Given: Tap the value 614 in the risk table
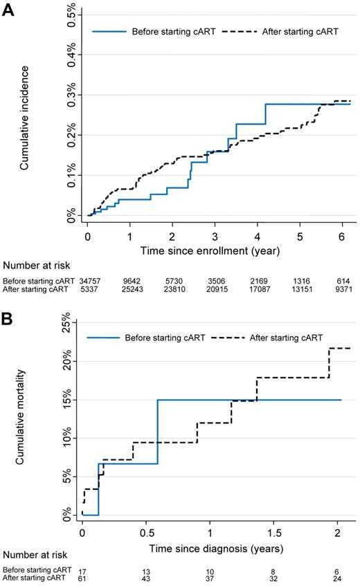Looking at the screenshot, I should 344,280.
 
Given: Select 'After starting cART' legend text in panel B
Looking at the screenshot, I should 295,338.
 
